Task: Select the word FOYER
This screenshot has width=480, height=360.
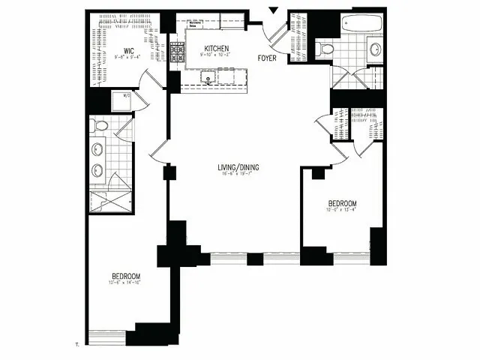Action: tap(268, 57)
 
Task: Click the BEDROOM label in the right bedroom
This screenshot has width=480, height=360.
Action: tap(341, 203)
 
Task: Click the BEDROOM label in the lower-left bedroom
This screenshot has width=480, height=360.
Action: tap(125, 275)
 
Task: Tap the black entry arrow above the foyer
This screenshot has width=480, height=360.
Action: tap(273, 10)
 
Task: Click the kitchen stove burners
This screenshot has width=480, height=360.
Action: tap(177, 52)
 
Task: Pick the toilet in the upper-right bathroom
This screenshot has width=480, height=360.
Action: tap(325, 49)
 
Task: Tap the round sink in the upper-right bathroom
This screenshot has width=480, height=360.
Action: tap(375, 49)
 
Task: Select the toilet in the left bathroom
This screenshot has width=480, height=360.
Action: tap(99, 126)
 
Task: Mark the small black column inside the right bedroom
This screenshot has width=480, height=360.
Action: tap(318, 174)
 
